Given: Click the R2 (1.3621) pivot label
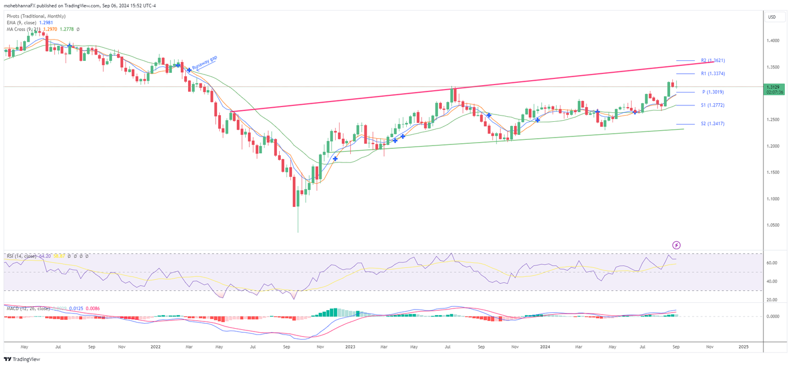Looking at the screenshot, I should (x=712, y=60).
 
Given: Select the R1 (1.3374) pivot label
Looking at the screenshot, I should (x=712, y=74).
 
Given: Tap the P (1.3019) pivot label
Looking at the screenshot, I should (x=713, y=92).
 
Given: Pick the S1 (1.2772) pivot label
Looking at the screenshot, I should (x=712, y=105).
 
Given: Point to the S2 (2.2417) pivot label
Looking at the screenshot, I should (x=712, y=124).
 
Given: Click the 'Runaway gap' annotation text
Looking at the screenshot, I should (x=205, y=63).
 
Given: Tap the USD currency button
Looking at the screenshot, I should (x=772, y=17).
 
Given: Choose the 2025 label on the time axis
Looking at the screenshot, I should (x=744, y=347).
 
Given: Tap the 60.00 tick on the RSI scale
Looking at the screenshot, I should (x=772, y=263).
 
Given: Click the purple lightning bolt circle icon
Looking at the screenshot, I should (x=676, y=245).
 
